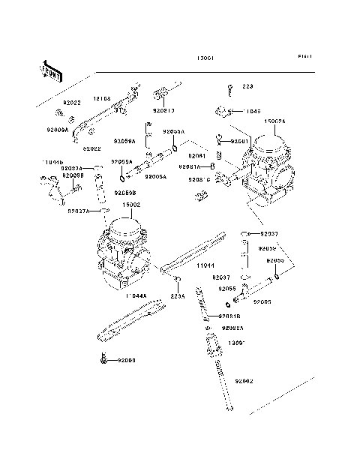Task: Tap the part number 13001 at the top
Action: pos(205,57)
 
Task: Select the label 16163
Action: pos(102,98)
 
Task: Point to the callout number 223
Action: pos(247,87)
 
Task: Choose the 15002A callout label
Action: pos(274,121)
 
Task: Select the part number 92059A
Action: pos(124,140)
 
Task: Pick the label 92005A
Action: pos(155,177)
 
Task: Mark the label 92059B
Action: pos(125,193)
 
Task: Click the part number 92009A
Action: pos(55,130)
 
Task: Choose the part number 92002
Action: pos(242,382)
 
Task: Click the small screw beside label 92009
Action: pos(102,361)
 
